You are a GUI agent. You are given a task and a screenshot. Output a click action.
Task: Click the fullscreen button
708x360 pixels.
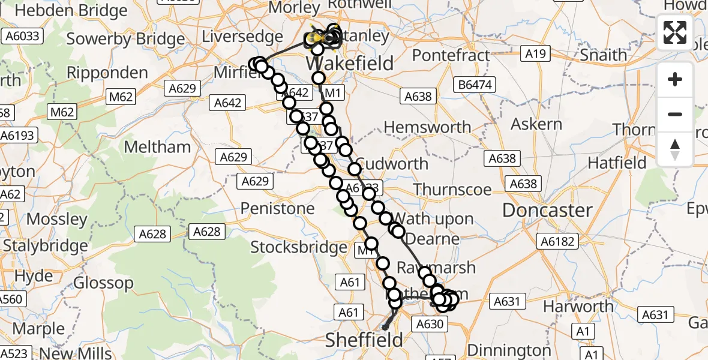point(675,32)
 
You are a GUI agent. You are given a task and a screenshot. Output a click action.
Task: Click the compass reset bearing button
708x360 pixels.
point(675,149)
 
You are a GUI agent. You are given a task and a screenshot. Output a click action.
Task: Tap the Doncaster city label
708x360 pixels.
point(547,210)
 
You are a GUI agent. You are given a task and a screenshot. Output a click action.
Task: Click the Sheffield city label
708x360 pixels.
point(364,340)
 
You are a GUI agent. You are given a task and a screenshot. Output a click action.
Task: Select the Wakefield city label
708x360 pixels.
point(350,64)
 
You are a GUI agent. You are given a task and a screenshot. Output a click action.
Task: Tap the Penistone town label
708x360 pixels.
point(277,208)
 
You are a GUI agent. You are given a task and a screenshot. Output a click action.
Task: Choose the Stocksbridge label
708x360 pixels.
point(298,247)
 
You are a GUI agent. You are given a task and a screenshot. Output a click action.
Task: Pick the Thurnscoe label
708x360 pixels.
point(452,190)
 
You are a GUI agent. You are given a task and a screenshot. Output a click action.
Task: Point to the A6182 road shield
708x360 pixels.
point(558,242)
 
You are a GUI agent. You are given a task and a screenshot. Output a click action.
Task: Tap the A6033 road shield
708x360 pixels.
point(23,36)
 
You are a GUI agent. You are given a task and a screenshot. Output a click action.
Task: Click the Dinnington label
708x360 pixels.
point(508,350)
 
